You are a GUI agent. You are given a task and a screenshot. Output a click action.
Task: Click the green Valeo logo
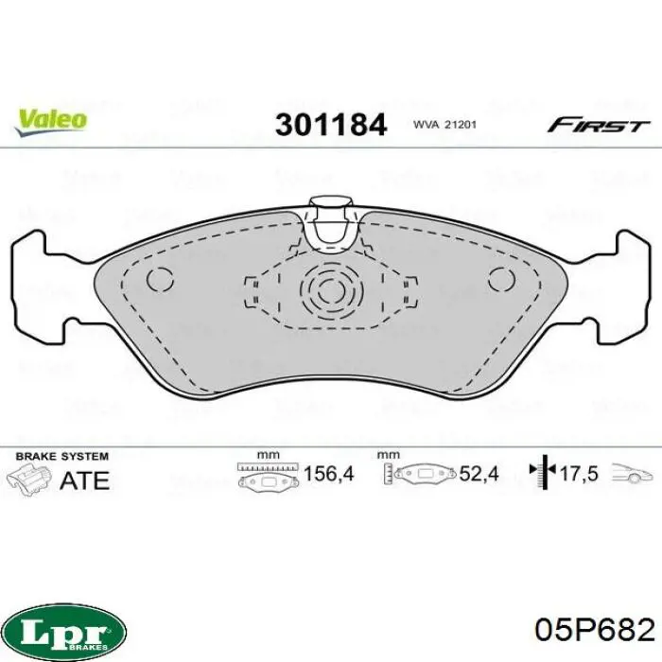[x=51, y=122]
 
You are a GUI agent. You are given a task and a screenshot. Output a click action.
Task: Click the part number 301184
[x=331, y=125]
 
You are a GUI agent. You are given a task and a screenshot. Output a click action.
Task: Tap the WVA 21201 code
[x=444, y=125]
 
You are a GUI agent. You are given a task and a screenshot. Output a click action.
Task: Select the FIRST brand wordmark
[x=598, y=126]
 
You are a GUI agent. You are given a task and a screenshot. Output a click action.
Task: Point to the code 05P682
[x=595, y=631]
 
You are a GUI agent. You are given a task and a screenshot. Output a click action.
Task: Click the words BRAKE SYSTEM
[x=62, y=457]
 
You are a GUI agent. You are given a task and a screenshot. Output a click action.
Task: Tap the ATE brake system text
[x=84, y=480]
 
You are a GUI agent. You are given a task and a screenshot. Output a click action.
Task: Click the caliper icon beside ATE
[x=29, y=479]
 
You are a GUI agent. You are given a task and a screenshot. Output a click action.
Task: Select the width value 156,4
[x=328, y=474]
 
